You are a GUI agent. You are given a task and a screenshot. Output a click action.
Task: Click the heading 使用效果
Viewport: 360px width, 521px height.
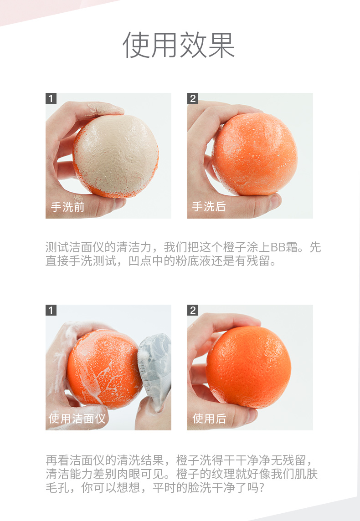pyautogui.click(x=179, y=45)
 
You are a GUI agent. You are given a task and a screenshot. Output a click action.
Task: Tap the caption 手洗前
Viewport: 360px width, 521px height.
pyautogui.click(x=68, y=207)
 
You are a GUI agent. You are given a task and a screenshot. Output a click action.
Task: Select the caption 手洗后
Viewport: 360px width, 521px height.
pyautogui.click(x=209, y=206)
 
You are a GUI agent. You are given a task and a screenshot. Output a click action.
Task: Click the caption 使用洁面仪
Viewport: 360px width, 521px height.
pyautogui.click(x=77, y=419)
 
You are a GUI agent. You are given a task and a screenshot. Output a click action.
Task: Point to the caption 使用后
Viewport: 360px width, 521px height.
pyautogui.click(x=210, y=419)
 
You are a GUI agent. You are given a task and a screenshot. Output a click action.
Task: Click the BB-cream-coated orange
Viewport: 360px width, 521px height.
pyautogui.click(x=116, y=156)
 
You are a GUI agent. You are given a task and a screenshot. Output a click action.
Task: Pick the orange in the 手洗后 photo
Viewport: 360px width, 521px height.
pyautogui.click(x=254, y=154)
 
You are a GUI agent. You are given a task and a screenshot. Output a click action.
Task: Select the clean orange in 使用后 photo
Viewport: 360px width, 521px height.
pyautogui.click(x=248, y=367)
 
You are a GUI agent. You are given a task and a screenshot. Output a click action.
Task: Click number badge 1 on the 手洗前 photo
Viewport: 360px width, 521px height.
pyautogui.click(x=51, y=98)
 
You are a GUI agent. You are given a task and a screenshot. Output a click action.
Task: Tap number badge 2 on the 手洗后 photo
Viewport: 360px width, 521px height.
pyautogui.click(x=193, y=98)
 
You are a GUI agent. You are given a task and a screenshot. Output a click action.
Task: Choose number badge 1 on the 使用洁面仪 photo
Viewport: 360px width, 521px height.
pyautogui.click(x=51, y=310)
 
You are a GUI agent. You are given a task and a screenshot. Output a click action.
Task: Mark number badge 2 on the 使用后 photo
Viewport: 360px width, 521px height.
pyautogui.click(x=193, y=310)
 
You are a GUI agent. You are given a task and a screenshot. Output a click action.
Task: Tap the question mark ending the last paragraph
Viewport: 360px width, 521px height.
pyautogui.click(x=261, y=488)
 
